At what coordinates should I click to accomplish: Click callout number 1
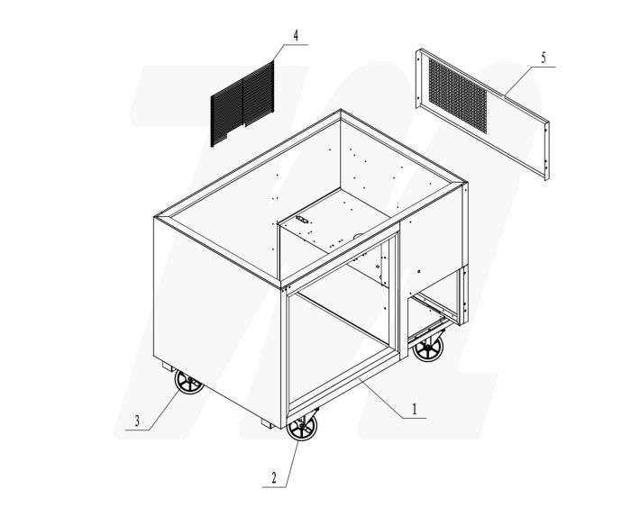click(x=414, y=407)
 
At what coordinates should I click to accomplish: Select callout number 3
click(x=137, y=420)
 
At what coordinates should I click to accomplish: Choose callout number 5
click(x=543, y=58)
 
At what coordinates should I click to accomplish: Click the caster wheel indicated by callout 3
click(x=190, y=384)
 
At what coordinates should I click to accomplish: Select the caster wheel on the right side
click(x=429, y=347)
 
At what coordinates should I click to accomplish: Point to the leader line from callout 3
click(x=162, y=403)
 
